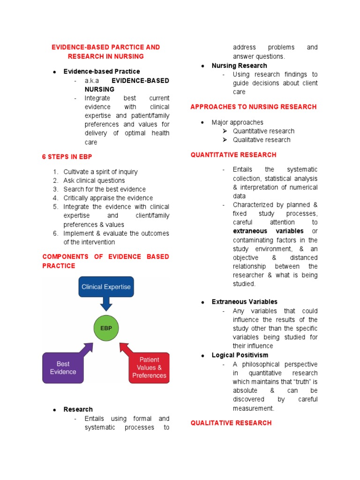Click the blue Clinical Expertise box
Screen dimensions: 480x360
click(x=106, y=286)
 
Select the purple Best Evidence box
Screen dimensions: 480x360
click(x=63, y=367)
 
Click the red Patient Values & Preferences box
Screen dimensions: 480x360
click(x=149, y=367)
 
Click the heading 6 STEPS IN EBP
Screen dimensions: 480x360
click(x=66, y=157)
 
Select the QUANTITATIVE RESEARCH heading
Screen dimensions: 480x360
click(x=233, y=155)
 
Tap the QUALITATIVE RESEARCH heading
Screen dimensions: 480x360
click(x=231, y=423)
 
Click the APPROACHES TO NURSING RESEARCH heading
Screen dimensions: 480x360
click(x=254, y=107)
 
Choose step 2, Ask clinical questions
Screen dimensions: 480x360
click(x=94, y=180)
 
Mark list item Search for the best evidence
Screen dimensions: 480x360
click(x=105, y=189)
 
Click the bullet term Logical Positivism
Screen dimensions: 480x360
click(x=240, y=355)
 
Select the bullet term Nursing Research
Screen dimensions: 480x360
click(x=239, y=66)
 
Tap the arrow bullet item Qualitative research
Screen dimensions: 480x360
click(x=262, y=140)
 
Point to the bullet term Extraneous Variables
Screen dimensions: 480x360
click(x=244, y=302)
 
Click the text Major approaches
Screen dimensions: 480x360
click(x=237, y=122)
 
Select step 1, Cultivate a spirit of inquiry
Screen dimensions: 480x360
click(x=100, y=172)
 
